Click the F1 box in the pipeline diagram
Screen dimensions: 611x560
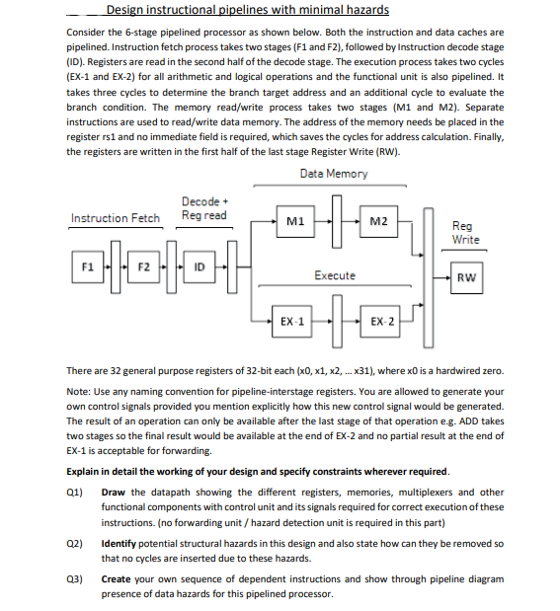tap(89, 267)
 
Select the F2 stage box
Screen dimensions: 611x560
tap(144, 267)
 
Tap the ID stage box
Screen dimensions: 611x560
tap(201, 267)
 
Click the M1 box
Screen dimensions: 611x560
tap(293, 222)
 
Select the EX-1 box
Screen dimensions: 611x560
tap(293, 323)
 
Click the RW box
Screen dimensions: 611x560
tap(466, 277)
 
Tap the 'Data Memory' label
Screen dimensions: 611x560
tap(334, 174)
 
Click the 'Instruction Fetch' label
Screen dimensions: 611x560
tap(116, 217)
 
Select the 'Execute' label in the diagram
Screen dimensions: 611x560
tap(335, 275)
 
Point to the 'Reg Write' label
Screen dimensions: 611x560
tap(466, 233)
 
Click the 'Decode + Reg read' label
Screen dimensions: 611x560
tap(203, 208)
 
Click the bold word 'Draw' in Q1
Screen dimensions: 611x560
tap(114, 492)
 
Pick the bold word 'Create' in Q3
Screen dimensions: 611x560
tap(117, 581)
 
